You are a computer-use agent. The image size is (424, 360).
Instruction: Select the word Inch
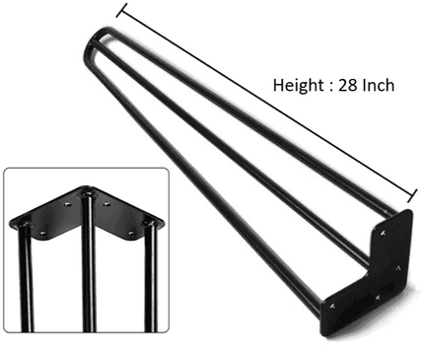[x=379, y=86]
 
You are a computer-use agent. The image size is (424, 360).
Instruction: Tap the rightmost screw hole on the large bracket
[x=396, y=267]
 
